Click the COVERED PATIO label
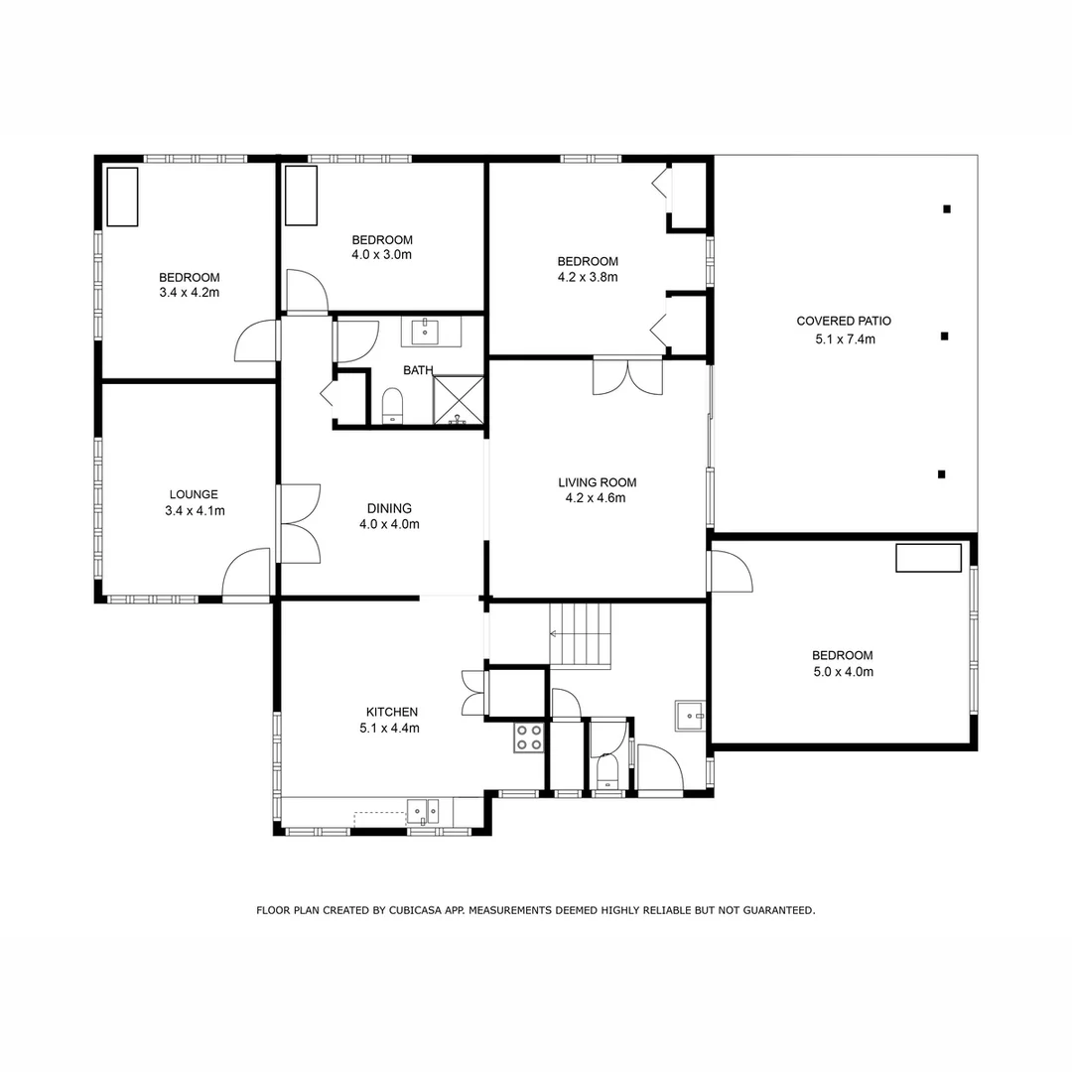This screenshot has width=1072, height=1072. tap(844, 321)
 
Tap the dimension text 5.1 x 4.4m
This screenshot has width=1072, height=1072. tap(392, 728)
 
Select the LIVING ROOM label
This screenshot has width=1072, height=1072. tap(597, 482)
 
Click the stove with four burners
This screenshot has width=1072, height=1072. tap(528, 737)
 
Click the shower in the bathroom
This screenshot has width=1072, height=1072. tap(458, 400)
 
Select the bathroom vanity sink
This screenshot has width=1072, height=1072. tap(431, 331)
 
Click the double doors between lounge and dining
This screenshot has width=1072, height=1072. tap(298, 523)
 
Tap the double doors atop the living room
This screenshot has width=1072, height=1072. tap(627, 376)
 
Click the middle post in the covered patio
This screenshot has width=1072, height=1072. tap(944, 336)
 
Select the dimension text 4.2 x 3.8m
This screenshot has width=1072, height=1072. tap(588, 277)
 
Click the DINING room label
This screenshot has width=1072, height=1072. tap(389, 508)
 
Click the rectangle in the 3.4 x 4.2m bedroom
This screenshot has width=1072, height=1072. tap(122, 197)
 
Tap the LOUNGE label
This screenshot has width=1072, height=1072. tap(194, 494)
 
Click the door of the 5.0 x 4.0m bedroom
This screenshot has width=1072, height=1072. tap(729, 573)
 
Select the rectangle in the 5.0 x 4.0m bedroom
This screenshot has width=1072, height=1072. tap(928, 558)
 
